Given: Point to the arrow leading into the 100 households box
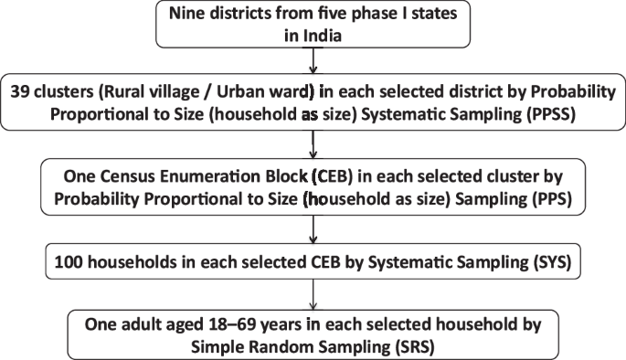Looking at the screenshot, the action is [313, 228].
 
